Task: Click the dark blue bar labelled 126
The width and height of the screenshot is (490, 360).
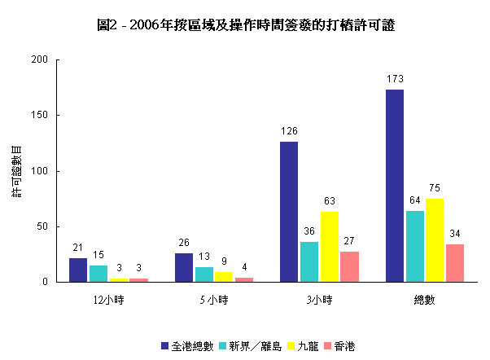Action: (289, 212)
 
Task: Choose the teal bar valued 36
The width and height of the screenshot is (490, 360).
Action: (309, 262)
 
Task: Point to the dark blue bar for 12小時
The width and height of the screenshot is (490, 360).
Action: (78, 270)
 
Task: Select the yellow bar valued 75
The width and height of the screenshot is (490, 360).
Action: (435, 240)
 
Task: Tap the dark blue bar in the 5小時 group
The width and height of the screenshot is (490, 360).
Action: (184, 268)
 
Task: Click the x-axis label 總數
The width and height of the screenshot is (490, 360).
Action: (424, 300)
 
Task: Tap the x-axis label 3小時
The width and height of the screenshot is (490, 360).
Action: (319, 300)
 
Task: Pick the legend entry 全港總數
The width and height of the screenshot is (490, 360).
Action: (192, 346)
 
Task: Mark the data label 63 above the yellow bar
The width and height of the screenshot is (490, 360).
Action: (330, 201)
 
